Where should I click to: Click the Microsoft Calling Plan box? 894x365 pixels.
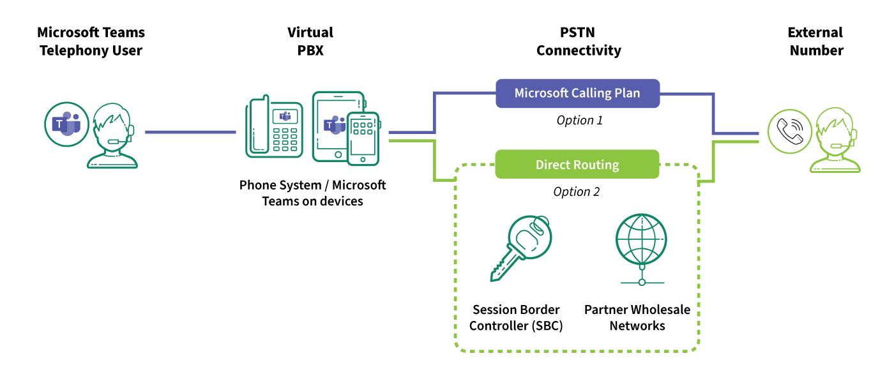click(577, 93)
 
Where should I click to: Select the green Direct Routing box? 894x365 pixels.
click(577, 165)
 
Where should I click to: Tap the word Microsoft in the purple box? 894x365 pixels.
click(542, 93)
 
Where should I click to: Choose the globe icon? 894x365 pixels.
click(641, 240)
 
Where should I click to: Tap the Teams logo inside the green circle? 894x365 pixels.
click(66, 124)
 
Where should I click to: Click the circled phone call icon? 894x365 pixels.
click(790, 133)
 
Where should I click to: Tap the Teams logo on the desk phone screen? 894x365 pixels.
click(285, 116)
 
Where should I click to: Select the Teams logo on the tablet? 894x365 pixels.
click(333, 124)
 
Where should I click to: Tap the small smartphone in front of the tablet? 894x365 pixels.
click(363, 139)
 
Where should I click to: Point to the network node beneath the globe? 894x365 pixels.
click(642, 281)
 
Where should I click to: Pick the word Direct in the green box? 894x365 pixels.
click(553, 165)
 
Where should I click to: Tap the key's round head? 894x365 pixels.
click(531, 237)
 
